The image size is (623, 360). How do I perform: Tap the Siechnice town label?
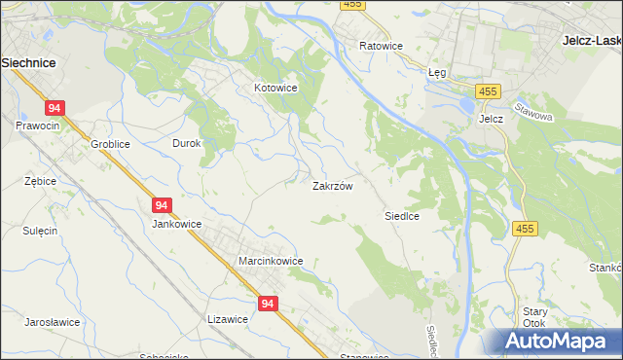tap(28, 61)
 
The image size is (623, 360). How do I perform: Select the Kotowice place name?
tap(275, 88)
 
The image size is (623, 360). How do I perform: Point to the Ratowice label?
tap(381, 46)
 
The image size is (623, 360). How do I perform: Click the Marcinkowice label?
tap(271, 261)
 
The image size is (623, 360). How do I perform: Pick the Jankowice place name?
tap(176, 223)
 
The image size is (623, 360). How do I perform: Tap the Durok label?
tap(186, 143)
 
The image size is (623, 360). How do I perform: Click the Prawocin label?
tap(37, 126)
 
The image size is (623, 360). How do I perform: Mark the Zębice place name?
tap(40, 181)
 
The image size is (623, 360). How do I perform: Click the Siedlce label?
tap(401, 216)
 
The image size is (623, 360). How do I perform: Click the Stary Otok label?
tap(534, 317)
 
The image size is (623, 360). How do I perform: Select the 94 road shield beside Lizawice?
tap(269, 305)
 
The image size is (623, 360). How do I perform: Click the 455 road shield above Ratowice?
tap(352, 5)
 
